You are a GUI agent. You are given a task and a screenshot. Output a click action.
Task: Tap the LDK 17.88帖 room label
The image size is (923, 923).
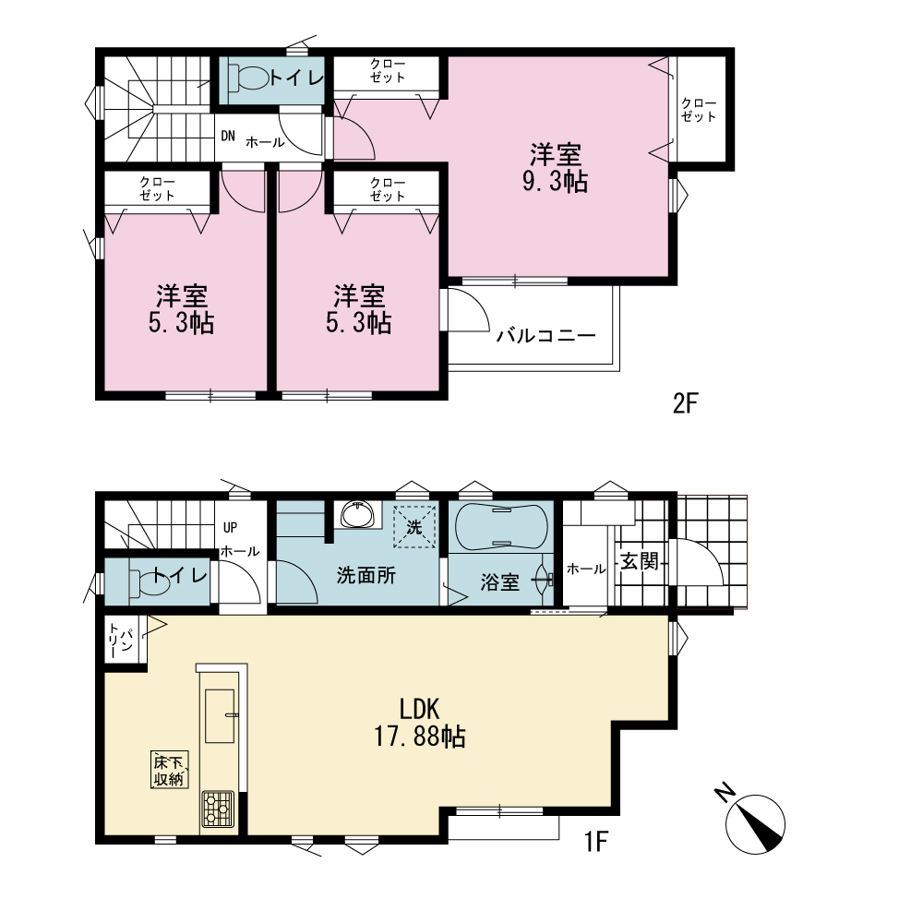point(420,723)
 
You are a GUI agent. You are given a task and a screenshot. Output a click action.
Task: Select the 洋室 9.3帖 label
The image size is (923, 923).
point(555,168)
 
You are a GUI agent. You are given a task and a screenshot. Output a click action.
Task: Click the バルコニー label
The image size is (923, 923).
point(545,336)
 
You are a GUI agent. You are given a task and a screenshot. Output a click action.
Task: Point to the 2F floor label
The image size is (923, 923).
point(685,404)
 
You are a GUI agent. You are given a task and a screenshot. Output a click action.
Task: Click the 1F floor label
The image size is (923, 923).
point(595,841)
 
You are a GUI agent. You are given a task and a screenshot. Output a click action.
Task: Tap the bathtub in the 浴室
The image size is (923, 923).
point(501,526)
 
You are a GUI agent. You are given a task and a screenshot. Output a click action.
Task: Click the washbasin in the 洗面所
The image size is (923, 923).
point(357,514)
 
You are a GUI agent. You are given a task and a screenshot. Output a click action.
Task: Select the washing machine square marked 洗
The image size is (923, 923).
point(414,526)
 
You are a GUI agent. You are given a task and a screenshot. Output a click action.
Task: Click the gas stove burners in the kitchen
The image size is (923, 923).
point(218,809)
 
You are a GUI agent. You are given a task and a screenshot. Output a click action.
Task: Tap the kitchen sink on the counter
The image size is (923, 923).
point(220,716)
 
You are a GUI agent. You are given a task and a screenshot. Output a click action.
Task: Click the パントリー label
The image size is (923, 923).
point(120,641)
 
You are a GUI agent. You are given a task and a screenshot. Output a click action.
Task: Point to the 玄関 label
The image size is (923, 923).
point(640,561)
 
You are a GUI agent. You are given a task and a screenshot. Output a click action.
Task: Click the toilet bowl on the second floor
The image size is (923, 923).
point(249,78)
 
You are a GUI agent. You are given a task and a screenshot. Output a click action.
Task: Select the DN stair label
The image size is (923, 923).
point(228,136)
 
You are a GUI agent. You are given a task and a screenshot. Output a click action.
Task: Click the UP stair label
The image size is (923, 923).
point(230,527)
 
